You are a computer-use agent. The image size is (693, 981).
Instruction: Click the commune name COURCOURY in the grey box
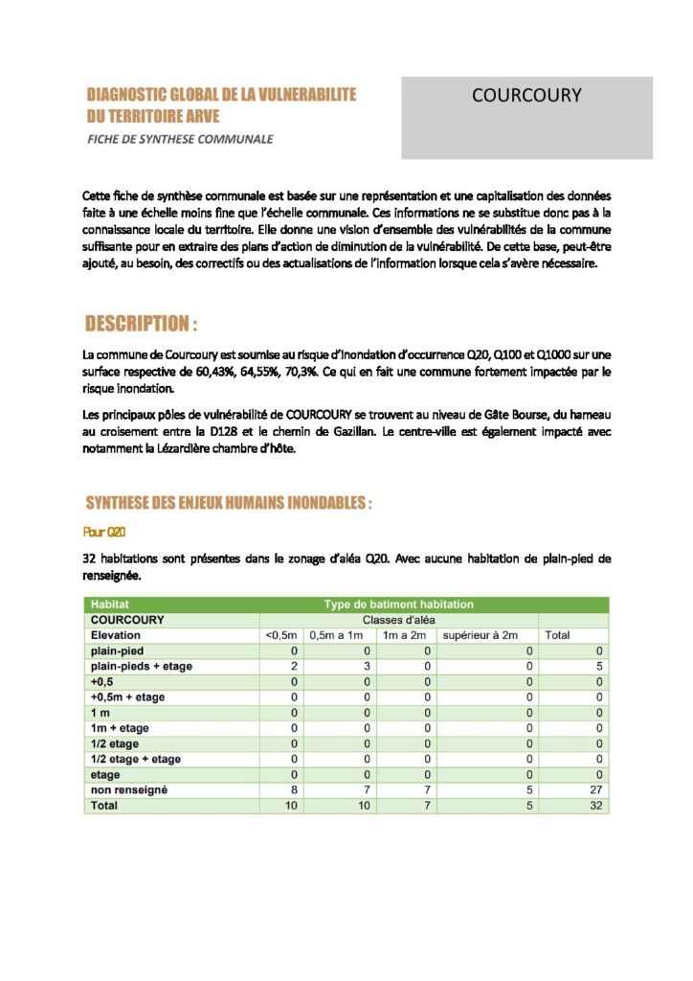tap(526, 96)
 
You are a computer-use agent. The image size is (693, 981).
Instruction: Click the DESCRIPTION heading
tap(142, 322)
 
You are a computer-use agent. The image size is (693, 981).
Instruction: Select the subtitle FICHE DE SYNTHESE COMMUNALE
tap(180, 139)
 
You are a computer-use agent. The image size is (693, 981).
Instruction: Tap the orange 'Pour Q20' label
tap(105, 531)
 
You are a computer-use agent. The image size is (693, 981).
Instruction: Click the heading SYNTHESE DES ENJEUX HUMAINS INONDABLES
tap(228, 502)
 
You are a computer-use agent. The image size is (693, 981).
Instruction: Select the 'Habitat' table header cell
tap(109, 605)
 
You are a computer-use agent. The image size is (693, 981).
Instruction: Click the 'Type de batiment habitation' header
tap(398, 605)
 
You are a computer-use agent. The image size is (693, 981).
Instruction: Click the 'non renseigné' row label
tap(128, 790)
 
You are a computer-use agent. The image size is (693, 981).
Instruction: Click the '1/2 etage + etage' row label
tap(135, 759)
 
